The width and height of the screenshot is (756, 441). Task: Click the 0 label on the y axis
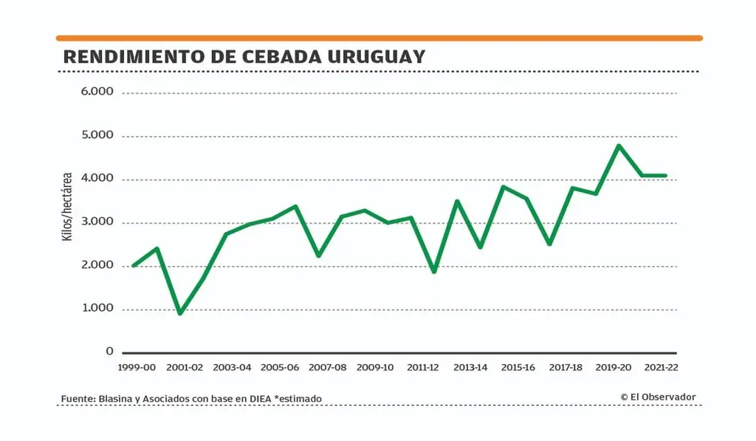tap(109, 352)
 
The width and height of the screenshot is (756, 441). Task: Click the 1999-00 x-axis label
tap(137, 367)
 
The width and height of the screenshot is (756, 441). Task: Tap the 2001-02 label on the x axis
tap(184, 367)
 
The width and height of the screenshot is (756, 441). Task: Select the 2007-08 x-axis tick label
tap(327, 367)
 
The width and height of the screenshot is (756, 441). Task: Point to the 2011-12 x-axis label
tap(423, 367)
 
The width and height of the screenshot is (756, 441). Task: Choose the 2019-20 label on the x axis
tap(614, 367)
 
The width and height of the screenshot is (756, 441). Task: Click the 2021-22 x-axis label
tap(661, 367)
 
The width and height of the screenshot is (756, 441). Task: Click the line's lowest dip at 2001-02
tap(180, 313)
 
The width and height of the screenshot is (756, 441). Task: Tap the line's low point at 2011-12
tap(434, 271)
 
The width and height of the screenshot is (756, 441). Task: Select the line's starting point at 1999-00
tap(134, 265)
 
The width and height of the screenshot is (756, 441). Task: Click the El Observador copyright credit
tap(658, 397)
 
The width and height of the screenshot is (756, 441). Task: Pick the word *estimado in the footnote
tap(298, 399)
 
